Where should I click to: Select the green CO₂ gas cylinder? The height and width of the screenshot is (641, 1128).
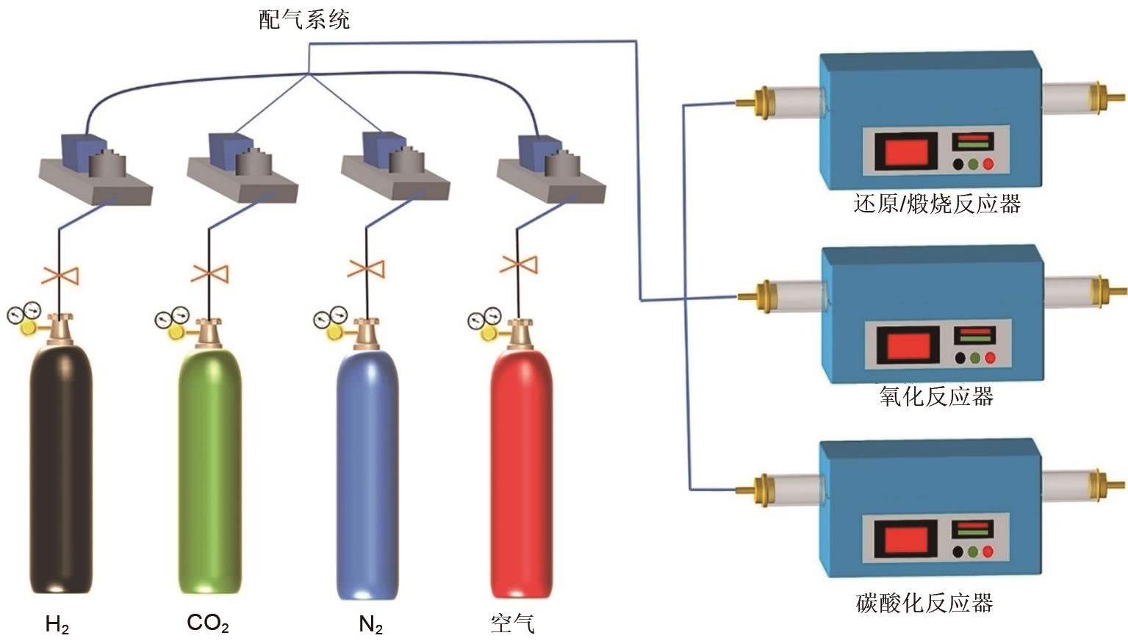[209, 470]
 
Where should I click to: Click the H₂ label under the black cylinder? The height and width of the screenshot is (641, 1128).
[57, 625]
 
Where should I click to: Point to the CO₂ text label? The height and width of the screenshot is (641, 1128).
[208, 623]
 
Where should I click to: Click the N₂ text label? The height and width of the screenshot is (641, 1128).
[371, 625]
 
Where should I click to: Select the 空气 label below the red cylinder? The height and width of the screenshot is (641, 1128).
[512, 624]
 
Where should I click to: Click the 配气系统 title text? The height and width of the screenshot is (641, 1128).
[304, 19]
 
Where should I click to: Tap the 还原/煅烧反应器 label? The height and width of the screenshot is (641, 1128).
[937, 204]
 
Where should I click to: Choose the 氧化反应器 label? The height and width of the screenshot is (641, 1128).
[936, 397]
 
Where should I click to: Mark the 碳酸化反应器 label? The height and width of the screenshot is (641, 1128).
[924, 604]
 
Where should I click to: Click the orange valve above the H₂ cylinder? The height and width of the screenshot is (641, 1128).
[60, 276]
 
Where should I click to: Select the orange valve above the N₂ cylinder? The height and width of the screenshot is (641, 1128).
[366, 268]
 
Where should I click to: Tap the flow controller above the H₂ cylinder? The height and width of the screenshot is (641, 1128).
[96, 168]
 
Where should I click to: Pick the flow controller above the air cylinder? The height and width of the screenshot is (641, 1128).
[551, 168]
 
